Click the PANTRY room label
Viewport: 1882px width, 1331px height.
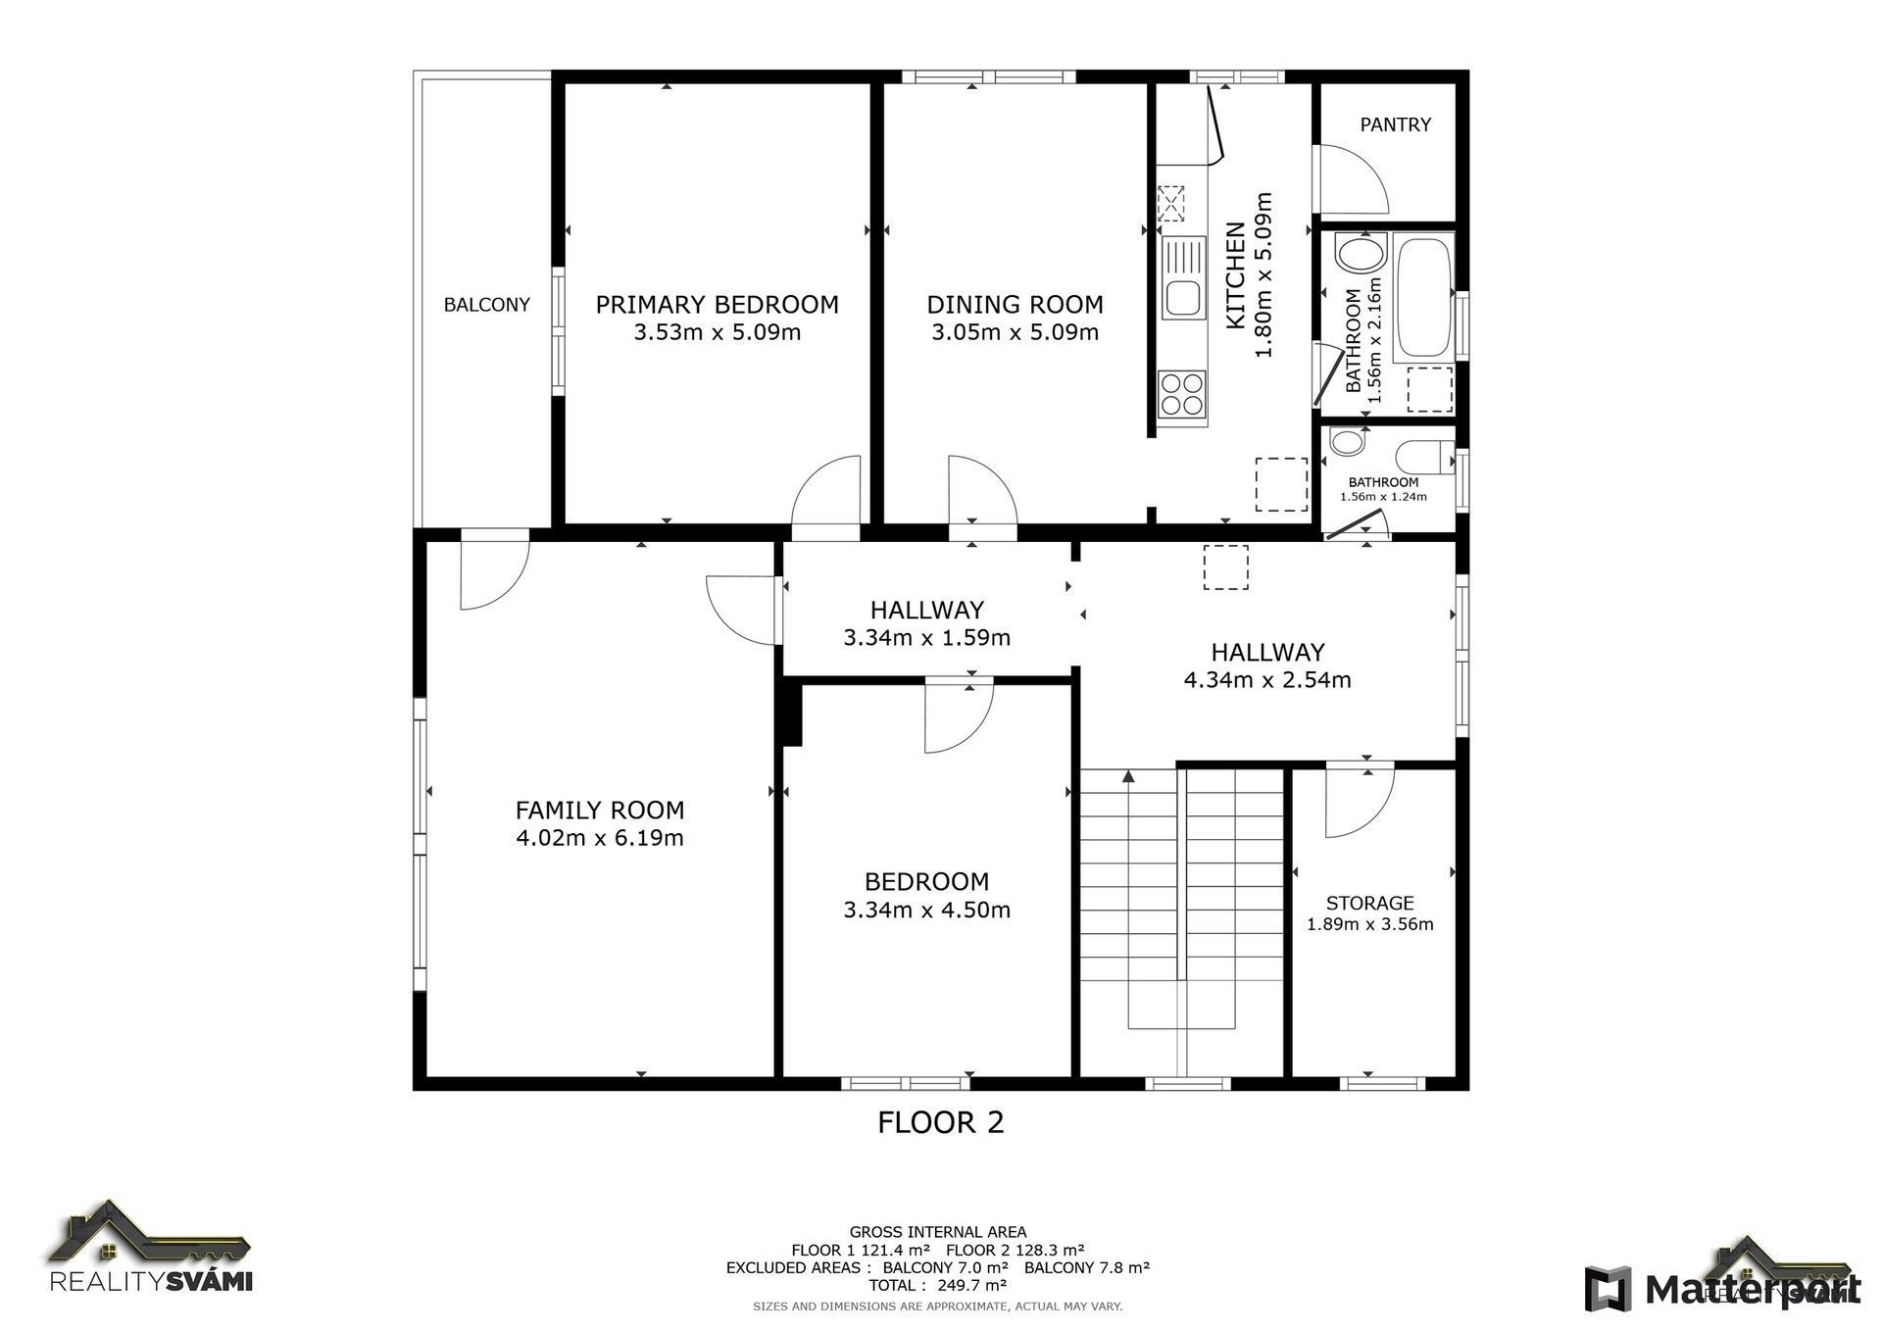tap(1395, 124)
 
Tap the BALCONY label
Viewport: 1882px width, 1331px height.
tap(486, 305)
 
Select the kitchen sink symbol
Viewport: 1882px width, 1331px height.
tap(1183, 278)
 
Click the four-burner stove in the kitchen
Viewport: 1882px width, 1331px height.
tap(1181, 393)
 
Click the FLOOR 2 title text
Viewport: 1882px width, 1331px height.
tap(940, 1122)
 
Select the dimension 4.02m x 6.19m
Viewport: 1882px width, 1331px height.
tap(599, 838)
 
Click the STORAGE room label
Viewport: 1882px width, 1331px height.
tap(1369, 903)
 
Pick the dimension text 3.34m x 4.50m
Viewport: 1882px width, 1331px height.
tap(926, 910)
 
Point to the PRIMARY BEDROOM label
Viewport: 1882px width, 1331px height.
tap(717, 305)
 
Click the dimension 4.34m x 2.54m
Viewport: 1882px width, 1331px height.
tap(1266, 680)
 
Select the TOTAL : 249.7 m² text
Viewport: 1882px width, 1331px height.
tap(937, 1285)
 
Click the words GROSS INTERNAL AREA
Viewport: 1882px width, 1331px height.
tap(937, 1232)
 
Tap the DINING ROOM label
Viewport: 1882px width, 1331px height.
tap(1015, 305)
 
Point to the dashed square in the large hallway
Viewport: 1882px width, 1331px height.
tap(1225, 567)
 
